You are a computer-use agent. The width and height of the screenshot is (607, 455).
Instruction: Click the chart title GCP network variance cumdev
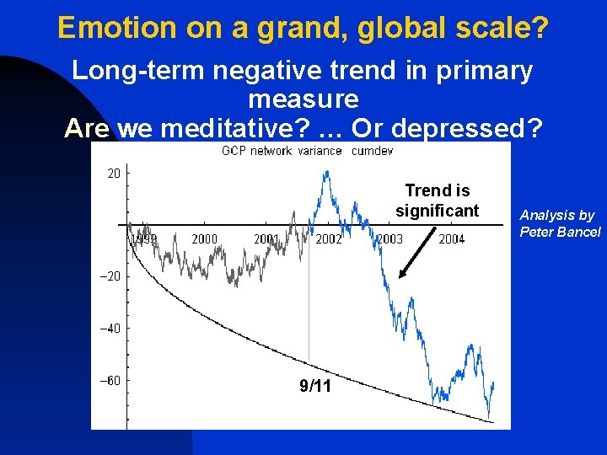pos(307,151)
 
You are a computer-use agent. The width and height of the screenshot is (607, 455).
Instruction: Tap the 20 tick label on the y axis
pos(113,173)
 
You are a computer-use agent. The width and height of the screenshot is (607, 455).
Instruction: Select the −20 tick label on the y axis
pos(110,276)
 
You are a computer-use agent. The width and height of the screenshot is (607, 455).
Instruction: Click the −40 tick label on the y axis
pos(110,328)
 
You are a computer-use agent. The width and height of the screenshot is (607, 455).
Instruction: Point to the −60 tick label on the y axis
pos(110,380)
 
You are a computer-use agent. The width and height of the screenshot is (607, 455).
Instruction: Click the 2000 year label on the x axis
pos(204,239)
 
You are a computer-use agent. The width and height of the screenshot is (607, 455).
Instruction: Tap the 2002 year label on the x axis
pos(328,239)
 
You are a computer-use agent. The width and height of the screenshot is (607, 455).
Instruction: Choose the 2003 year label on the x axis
pos(389,239)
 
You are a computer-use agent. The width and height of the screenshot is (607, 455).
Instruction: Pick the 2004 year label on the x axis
pos(451,239)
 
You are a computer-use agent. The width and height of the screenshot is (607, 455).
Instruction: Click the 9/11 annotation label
pos(315,387)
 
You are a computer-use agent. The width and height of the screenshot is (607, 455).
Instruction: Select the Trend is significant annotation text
pos(437,201)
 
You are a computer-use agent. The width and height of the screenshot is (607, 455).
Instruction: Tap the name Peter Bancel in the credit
pos(560,232)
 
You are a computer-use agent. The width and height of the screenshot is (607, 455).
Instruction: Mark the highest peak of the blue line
pos(325,172)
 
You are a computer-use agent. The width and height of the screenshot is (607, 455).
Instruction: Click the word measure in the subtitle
pos(303,99)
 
